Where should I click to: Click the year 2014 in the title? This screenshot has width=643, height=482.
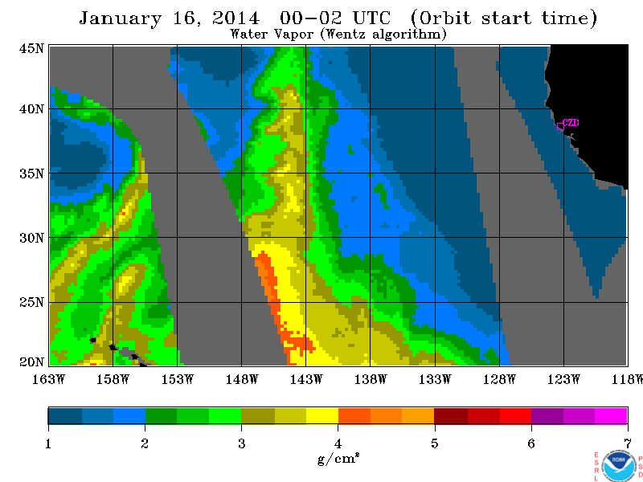235,18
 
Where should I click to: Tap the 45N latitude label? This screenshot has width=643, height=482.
31,48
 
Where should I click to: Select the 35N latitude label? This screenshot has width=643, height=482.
31,174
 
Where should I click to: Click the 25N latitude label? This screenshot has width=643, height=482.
31,302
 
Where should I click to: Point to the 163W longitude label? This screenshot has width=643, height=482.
48,379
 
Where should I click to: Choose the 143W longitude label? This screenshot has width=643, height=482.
306,379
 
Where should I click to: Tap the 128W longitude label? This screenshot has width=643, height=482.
499,379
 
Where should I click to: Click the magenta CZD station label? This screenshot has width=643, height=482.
571,123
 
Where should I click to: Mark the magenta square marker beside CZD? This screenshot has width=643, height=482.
560,126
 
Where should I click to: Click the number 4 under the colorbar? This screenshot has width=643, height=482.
338,443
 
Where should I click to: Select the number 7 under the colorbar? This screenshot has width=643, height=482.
628,443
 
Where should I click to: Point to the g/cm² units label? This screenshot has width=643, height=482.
338,459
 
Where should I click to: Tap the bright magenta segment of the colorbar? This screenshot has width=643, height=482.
611,415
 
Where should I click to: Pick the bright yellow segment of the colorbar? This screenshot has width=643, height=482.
322,415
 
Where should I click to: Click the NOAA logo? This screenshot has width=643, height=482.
619,466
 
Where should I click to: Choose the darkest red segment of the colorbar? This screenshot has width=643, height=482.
451,415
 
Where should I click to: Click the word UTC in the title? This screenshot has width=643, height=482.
372,18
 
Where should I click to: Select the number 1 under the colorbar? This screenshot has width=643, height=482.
48,443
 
